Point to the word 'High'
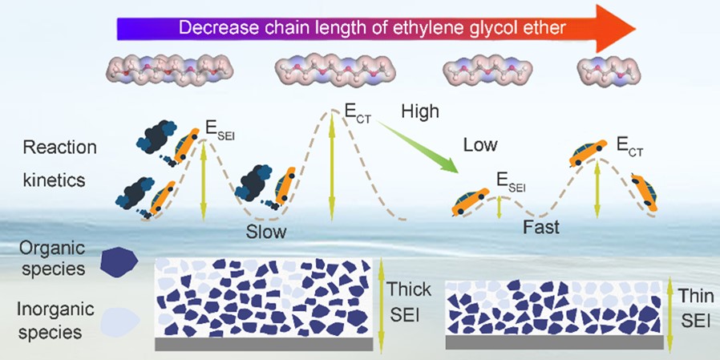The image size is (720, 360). pyautogui.click(x=420, y=111)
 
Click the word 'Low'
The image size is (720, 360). pyautogui.click(x=479, y=145)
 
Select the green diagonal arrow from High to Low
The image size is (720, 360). pyautogui.click(x=416, y=144)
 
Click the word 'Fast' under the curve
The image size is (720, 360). pyautogui.click(x=541, y=226)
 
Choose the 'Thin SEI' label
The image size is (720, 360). pyautogui.click(x=694, y=307)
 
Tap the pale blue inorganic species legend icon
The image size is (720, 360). pyautogui.click(x=119, y=319)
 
